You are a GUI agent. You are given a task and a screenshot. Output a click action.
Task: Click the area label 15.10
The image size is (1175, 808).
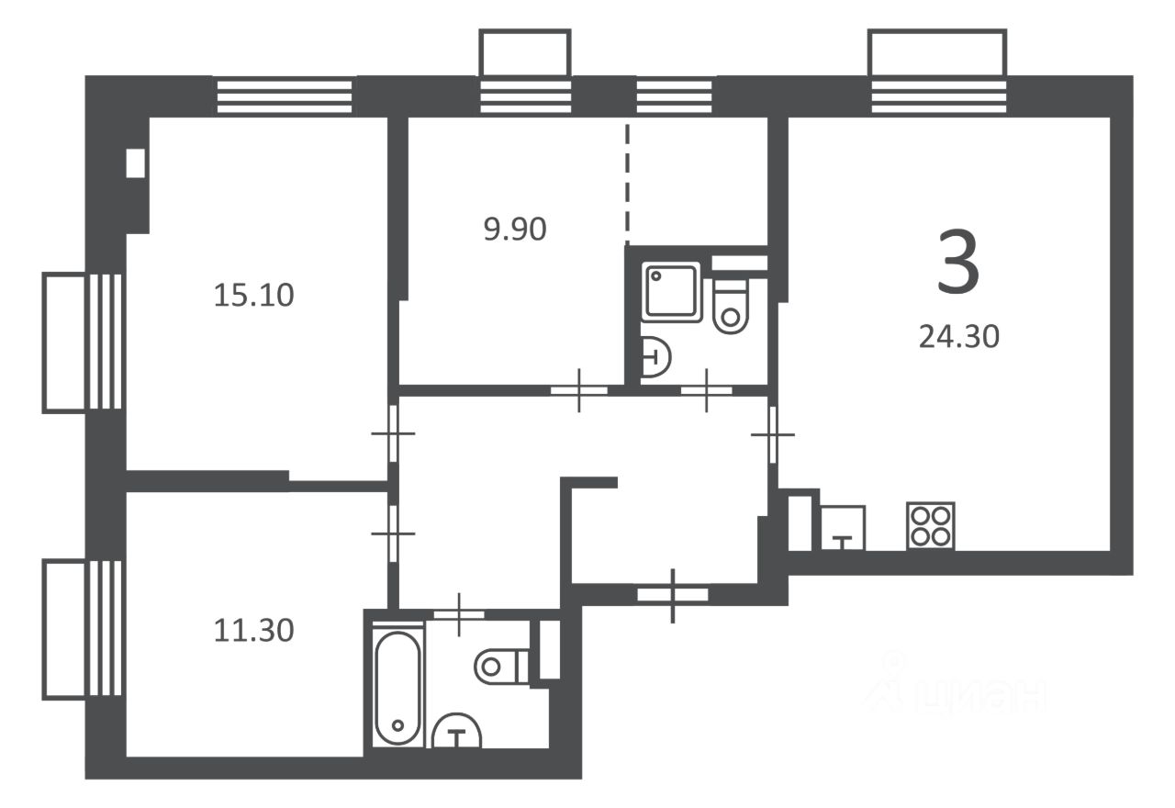254,296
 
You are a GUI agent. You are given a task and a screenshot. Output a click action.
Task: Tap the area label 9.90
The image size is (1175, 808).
515,230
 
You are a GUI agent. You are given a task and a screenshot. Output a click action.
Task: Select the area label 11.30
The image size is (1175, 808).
254,631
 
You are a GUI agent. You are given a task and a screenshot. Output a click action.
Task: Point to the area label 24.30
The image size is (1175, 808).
959,337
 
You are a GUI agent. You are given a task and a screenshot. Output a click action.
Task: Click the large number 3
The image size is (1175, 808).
958,263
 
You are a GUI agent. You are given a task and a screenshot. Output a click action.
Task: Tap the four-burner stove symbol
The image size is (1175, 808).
931,526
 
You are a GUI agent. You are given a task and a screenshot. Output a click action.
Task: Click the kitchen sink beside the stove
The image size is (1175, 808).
843,528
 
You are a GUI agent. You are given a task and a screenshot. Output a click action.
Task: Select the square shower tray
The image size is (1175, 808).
671,291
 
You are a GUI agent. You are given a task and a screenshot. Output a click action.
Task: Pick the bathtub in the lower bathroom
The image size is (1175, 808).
397,688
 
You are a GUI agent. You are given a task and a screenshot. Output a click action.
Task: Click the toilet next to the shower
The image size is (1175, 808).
731,306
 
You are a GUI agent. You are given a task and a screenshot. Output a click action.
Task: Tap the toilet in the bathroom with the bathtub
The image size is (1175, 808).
502,667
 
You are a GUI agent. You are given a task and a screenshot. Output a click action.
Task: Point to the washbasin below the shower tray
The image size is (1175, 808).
655,357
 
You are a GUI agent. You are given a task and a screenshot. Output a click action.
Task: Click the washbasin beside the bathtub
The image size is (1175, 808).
456,731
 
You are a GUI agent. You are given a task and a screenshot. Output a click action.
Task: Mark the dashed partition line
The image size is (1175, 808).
627,185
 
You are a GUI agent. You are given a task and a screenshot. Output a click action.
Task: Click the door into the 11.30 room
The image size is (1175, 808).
393,533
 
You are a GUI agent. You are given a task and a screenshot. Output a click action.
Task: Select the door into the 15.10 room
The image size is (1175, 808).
393,433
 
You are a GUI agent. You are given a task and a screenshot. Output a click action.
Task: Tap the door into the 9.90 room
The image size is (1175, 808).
579,390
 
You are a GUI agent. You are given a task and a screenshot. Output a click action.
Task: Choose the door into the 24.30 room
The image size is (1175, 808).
773,434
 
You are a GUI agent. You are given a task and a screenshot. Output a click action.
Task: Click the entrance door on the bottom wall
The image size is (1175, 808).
673,594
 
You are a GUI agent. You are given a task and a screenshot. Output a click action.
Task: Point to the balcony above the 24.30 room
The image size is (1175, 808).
937,52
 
